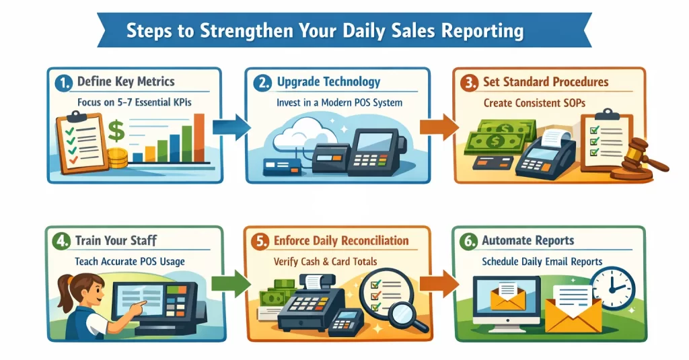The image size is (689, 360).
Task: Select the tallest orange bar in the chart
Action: [x=198, y=138]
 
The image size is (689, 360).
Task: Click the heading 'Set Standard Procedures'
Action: [x=545, y=82]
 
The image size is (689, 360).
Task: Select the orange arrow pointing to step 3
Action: [x=438, y=127]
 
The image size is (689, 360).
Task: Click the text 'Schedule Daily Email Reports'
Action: [x=542, y=261]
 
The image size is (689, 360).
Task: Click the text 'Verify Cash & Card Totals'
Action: [x=326, y=261]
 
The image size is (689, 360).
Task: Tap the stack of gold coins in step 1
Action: [x=118, y=158]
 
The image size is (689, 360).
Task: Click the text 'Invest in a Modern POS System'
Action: [x=339, y=102]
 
